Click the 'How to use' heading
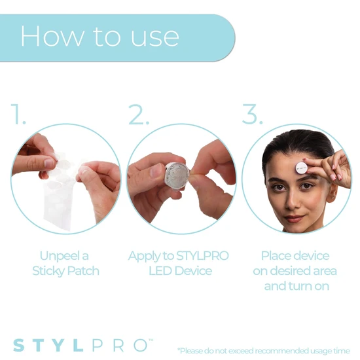click(x=99, y=36)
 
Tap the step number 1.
click(x=19, y=115)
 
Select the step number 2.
click(x=139, y=115)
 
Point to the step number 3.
click(x=252, y=115)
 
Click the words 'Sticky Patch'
click(x=66, y=270)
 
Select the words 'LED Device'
click(x=179, y=270)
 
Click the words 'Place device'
click(x=295, y=255)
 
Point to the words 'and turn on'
click(x=295, y=286)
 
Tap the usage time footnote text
click(x=266, y=350)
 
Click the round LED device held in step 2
click(x=175, y=175)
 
